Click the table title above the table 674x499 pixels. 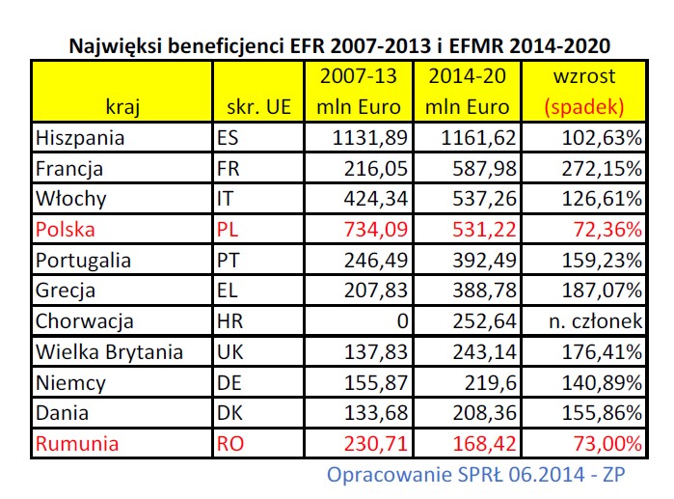[337, 45]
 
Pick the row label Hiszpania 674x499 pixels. [81, 138]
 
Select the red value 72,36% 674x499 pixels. [608, 231]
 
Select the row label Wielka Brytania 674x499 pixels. [109, 352]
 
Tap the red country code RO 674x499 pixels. [231, 445]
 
